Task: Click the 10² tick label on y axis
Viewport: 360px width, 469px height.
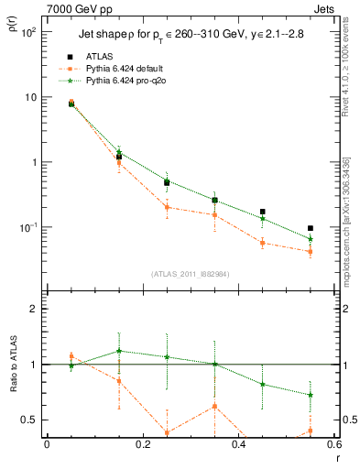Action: [x=28, y=32]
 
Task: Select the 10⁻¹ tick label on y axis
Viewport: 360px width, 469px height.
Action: [x=27, y=227]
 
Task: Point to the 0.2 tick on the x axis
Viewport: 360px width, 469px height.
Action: [x=142, y=444]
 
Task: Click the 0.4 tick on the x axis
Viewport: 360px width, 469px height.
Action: [x=238, y=444]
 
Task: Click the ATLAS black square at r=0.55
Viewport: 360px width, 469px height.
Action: [x=311, y=228]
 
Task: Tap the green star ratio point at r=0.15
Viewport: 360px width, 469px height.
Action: [x=119, y=351]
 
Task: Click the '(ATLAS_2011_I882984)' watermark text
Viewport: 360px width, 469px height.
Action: [x=190, y=274]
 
